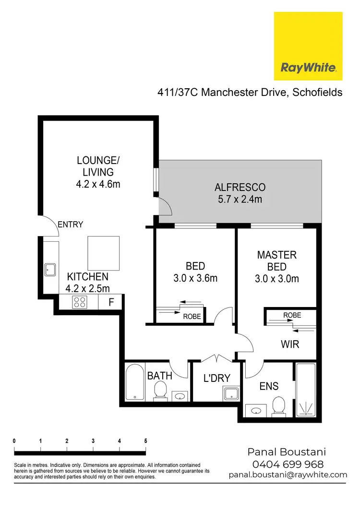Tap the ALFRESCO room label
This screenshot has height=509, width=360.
tap(240, 187)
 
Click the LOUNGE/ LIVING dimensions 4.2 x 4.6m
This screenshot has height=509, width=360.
tap(98, 184)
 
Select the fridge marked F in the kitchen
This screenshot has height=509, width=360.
tap(111, 303)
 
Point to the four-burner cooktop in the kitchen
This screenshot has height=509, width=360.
tap(79, 303)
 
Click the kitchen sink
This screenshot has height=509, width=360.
tap(50, 270)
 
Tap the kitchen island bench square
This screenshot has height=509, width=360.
tap(103, 253)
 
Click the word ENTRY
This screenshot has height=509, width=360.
tap(71, 225)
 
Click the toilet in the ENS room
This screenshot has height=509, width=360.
tap(278, 407)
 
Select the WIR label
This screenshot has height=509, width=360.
tap(290, 344)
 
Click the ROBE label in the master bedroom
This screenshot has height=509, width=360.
tap(292, 315)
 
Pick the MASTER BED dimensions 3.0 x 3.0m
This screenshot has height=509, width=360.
tap(277, 279)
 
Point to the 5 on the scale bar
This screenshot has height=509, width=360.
tap(145, 440)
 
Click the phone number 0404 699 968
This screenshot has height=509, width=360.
tap(288, 464)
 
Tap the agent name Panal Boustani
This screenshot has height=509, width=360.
tap(287, 452)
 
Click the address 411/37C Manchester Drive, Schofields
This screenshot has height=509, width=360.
tap(250, 92)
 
